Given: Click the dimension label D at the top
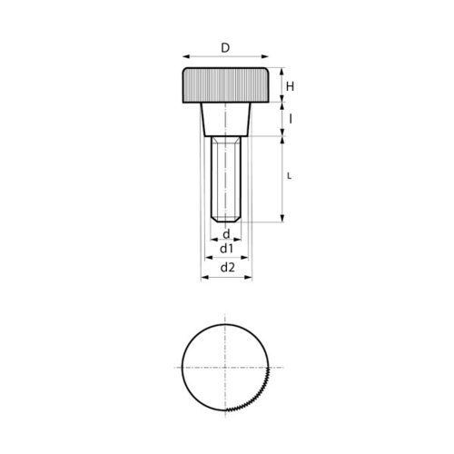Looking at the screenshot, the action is [x=225, y=48].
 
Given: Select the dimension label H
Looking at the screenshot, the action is [x=290, y=86].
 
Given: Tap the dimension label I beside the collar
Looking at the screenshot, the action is [x=291, y=120].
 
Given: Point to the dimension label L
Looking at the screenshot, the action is [x=290, y=176].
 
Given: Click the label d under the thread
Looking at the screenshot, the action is [x=226, y=234].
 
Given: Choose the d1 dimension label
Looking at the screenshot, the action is [x=227, y=249].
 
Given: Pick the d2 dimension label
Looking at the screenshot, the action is [x=228, y=267].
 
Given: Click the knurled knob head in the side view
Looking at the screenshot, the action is [x=225, y=85].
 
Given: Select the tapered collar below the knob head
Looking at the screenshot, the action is [x=226, y=120].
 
